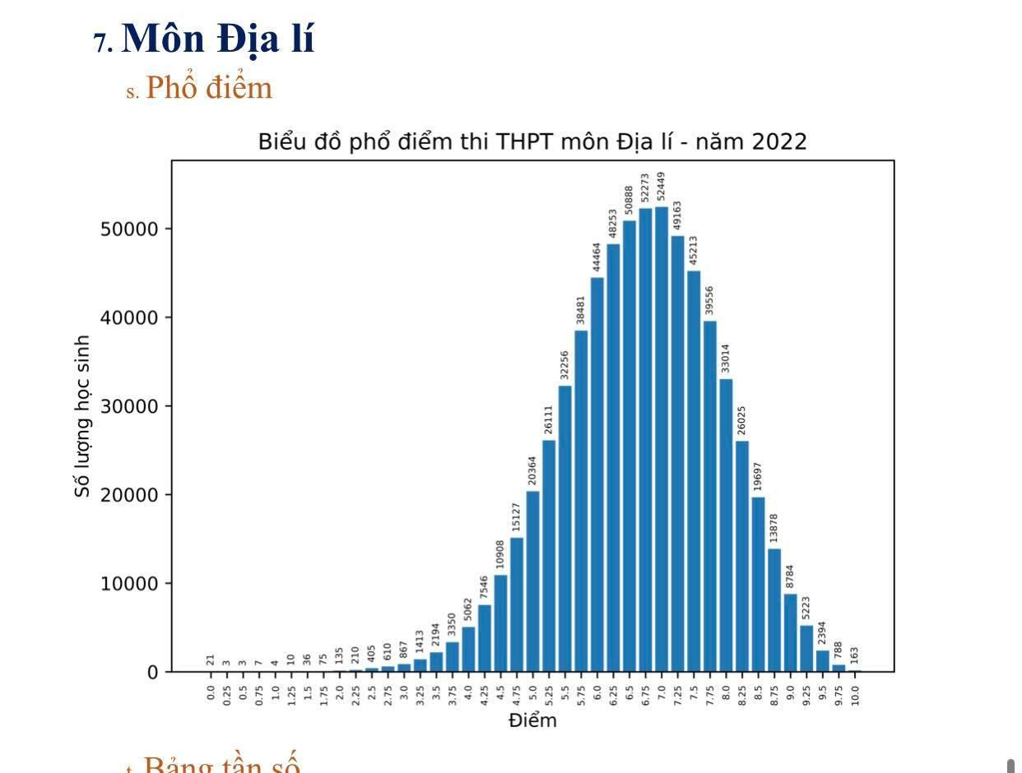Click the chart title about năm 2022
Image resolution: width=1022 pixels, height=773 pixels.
click(532, 141)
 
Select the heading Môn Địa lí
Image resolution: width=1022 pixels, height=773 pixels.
click(218, 39)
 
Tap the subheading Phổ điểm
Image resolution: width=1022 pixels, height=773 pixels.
click(208, 87)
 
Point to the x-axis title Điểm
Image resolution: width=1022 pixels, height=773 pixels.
click(532, 721)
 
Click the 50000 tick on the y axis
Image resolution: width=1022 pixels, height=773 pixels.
click(128, 229)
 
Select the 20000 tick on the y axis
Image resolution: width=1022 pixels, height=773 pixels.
click(128, 495)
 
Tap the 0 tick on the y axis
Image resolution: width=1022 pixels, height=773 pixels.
click(151, 673)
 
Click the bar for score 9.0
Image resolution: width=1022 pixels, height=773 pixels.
click(791, 632)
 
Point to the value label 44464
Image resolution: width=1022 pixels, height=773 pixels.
click(597, 257)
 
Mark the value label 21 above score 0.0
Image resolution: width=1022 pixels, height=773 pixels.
click(211, 660)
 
